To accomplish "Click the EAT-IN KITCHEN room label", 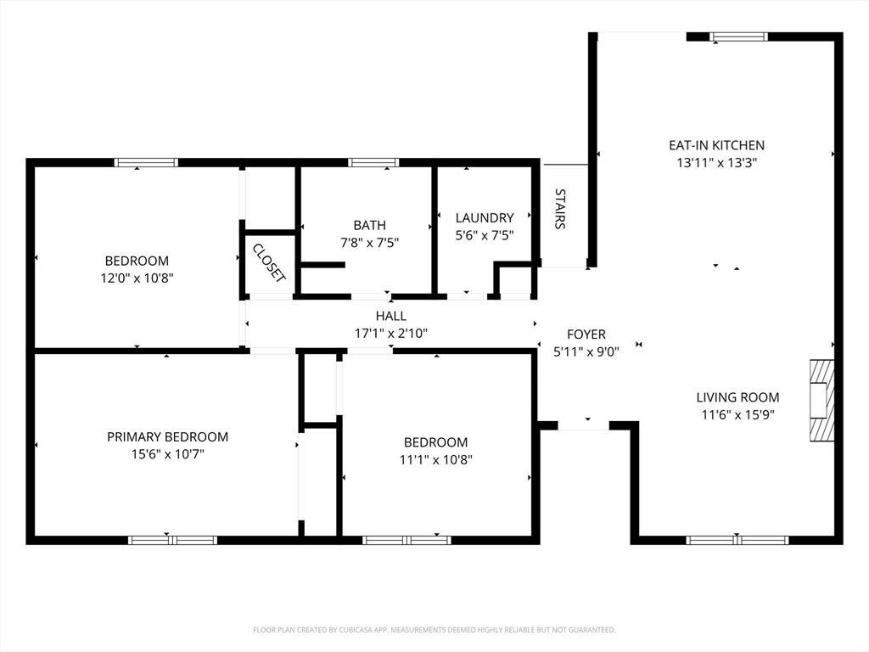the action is (716, 145).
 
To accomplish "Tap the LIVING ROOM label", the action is (737, 397).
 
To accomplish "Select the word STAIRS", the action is (560, 209).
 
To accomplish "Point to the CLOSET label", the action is (269, 263).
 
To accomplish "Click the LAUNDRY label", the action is (485, 218).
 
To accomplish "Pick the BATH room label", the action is (370, 225).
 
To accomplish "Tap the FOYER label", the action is (586, 334).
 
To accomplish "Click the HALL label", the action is (391, 316).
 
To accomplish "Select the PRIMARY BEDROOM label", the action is (167, 437).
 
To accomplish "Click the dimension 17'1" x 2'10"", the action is (391, 334).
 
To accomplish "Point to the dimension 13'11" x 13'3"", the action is (716, 163).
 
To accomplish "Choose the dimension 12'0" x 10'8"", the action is (137, 278).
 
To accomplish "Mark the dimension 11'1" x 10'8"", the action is (435, 460).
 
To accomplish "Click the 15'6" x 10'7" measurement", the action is (167, 455).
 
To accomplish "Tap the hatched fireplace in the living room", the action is (821, 401).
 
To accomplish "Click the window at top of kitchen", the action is (739, 37).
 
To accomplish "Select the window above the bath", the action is (373, 162).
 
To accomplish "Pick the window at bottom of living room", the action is (737, 540).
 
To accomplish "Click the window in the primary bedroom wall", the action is (172, 540).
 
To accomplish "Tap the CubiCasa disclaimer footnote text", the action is (434, 630).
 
